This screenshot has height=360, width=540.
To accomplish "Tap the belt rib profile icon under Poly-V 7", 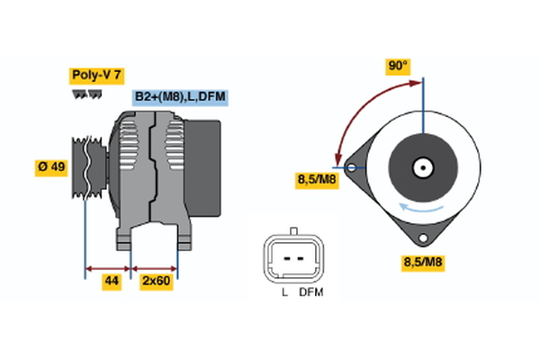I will (x=86, y=94).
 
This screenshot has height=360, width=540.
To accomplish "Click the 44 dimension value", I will (x=112, y=282).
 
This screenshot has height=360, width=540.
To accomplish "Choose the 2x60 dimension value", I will (x=156, y=282).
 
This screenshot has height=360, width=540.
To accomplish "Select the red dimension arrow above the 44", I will (x=109, y=267).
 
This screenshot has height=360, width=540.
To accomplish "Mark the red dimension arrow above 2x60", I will (x=155, y=267).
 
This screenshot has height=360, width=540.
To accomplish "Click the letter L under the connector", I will (x=284, y=292).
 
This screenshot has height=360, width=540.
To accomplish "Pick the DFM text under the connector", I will (x=310, y=292).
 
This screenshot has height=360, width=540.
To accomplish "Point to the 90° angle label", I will (x=398, y=66).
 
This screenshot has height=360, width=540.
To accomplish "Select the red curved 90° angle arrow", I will (x=360, y=103).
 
